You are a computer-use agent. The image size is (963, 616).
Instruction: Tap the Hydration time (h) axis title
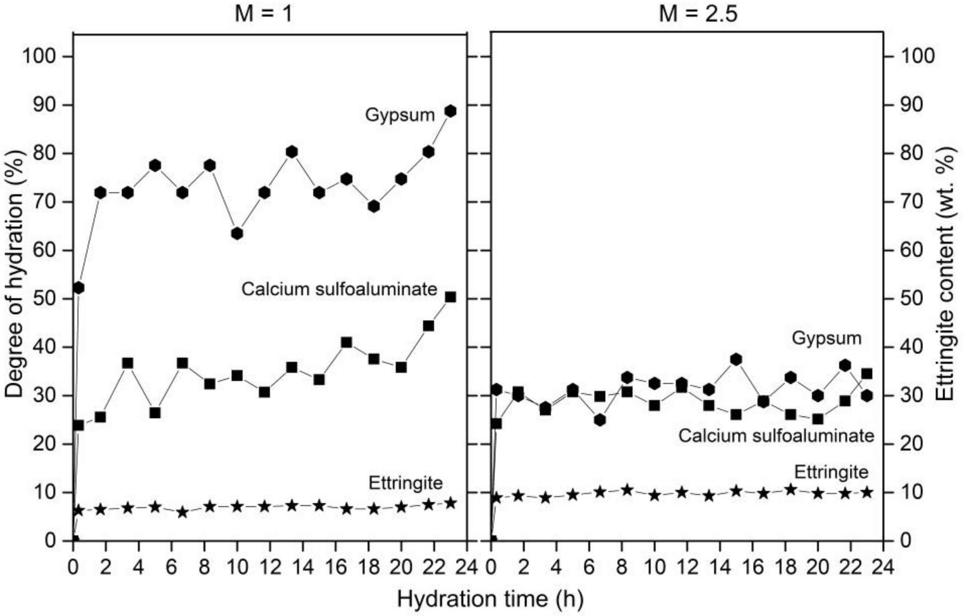490,599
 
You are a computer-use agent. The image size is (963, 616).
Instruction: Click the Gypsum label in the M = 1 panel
399,115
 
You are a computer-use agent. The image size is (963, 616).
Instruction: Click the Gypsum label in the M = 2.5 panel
826,338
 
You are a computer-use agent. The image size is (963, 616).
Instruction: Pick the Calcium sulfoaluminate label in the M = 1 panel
339,289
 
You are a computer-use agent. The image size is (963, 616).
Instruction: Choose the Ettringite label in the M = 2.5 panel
831,472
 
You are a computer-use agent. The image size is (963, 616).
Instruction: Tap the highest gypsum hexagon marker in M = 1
450,111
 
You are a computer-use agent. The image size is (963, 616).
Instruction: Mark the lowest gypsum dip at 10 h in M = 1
237,233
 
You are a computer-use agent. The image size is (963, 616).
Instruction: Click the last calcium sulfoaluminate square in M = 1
450,297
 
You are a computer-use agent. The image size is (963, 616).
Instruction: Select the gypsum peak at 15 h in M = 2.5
736,360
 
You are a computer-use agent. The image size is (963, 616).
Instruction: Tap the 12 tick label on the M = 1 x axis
270,567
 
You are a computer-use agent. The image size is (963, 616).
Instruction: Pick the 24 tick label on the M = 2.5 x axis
883,567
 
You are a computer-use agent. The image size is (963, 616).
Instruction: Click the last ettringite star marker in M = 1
450,503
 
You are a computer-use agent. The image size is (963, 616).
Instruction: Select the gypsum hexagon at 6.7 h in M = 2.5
599,420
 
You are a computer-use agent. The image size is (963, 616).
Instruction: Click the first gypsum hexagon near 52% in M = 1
79,287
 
